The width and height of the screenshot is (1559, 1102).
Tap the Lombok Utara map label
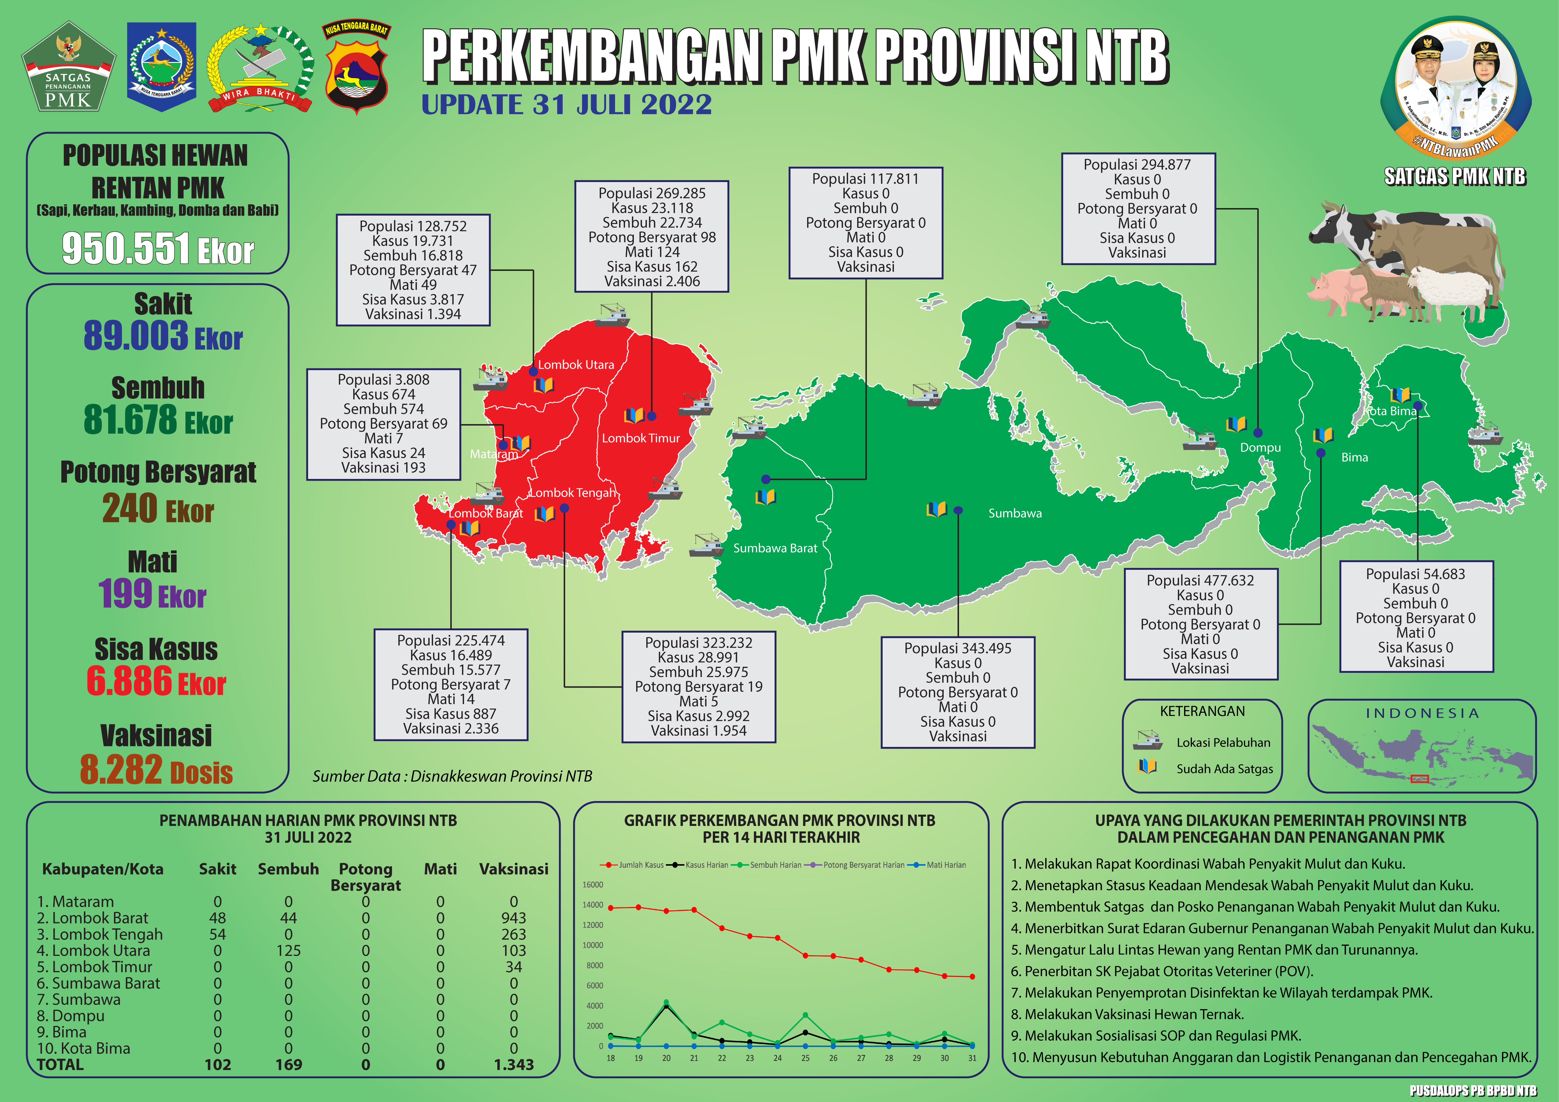click(576, 365)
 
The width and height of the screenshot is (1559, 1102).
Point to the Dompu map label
click(1260, 448)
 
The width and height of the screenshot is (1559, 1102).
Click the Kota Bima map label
click(1392, 411)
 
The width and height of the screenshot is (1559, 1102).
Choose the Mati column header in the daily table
click(440, 869)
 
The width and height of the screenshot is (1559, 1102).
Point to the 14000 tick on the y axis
click(592, 905)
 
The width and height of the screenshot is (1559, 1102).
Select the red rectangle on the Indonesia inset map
click(1419, 778)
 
